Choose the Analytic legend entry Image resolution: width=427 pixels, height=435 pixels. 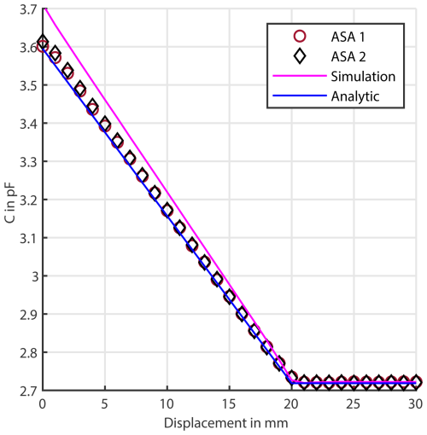[354, 96]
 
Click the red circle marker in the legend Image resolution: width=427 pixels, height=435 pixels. [297, 37]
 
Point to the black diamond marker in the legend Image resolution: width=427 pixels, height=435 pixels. [297, 56]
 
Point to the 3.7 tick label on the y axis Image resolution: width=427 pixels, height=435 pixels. [24, 9]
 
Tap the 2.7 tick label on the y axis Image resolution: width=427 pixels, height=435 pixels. [24, 391]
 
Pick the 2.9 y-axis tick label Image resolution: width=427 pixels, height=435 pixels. [24, 315]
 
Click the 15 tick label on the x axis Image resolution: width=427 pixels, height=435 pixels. [230, 404]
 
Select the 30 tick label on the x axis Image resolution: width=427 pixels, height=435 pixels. [417, 404]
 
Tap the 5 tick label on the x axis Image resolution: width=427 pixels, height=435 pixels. [105, 404]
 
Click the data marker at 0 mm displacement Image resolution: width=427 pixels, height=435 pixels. [43, 44]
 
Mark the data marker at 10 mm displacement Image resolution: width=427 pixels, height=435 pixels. [167, 211]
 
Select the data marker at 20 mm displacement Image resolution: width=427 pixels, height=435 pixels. [292, 377]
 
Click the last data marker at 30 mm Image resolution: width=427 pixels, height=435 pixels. [416, 382]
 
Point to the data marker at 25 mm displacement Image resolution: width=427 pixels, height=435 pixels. [354, 383]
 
